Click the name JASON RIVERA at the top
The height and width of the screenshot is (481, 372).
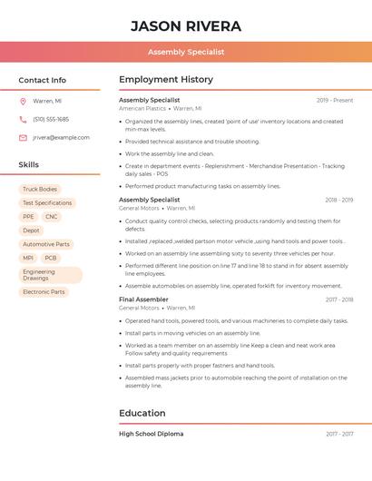(186, 25)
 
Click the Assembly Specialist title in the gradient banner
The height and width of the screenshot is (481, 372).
(186, 52)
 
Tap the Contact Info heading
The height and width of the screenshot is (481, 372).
(43, 80)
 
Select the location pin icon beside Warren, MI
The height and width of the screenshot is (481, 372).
(23, 101)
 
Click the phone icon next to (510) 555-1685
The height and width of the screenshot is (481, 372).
(23, 119)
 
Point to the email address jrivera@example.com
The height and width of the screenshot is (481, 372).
(61, 137)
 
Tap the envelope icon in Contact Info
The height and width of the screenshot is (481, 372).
(23, 137)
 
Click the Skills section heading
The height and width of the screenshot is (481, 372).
(29, 164)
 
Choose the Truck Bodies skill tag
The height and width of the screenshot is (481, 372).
(39, 189)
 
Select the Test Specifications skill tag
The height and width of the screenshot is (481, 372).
(47, 202)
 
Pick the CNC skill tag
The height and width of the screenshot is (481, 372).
(52, 217)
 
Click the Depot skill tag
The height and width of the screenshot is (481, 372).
(32, 231)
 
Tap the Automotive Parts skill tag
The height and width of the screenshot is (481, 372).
(46, 244)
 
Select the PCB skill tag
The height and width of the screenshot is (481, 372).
(51, 258)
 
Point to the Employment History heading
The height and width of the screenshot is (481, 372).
(166, 80)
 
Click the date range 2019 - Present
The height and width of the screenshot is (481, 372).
(335, 100)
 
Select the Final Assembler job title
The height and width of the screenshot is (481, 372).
(143, 299)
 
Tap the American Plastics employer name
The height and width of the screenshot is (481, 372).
(142, 108)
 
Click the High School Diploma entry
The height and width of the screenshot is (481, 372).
(151, 434)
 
